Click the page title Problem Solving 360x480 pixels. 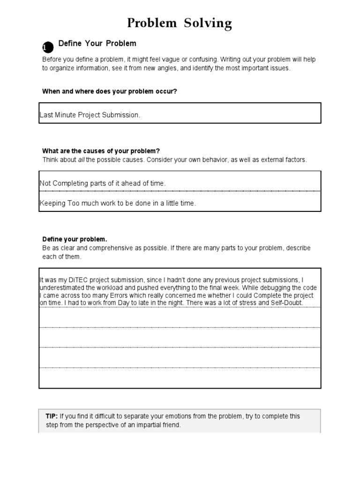pyautogui.click(x=180, y=23)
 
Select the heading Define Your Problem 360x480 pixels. pyautogui.click(x=97, y=44)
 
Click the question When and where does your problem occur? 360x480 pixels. pyautogui.click(x=110, y=91)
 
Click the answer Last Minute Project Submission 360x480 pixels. pyautogui.click(x=90, y=115)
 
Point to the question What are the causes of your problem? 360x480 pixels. pyautogui.click(x=101, y=151)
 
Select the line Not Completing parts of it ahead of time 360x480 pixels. pyautogui.click(x=103, y=183)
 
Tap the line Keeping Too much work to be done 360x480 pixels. pyautogui.click(x=118, y=203)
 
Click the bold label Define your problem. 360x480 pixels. pyautogui.click(x=75, y=239)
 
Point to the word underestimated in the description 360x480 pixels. pyautogui.click(x=63, y=288)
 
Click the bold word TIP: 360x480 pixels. pyautogui.click(x=52, y=416)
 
